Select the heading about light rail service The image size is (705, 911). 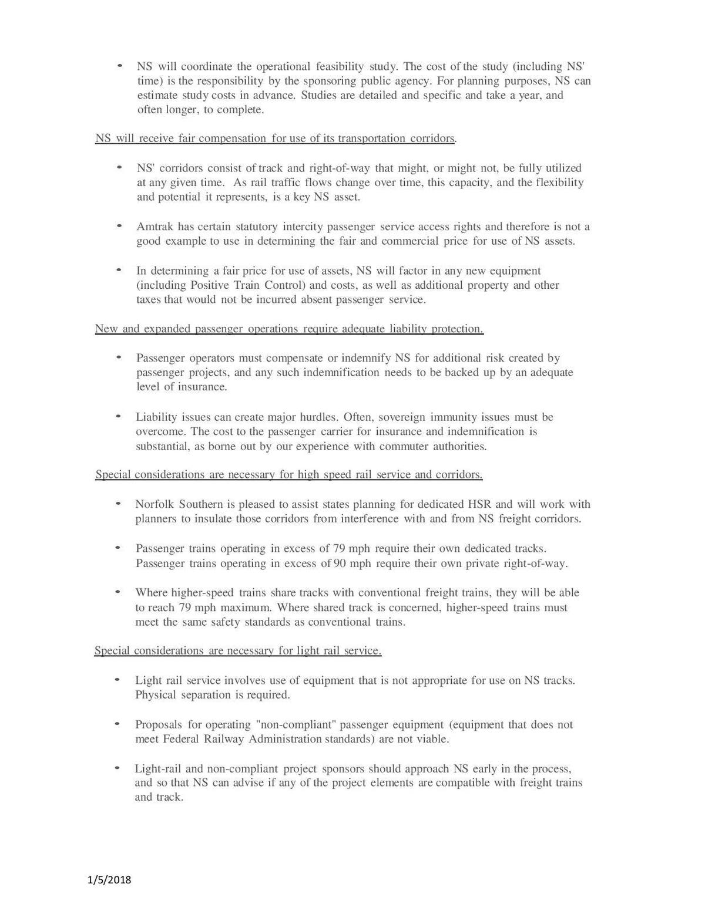tap(238, 650)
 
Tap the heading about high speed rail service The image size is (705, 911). tap(288, 474)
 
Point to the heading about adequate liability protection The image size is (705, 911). tap(289, 329)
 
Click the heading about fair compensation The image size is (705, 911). tap(276, 139)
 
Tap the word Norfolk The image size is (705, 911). tap(155, 504)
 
